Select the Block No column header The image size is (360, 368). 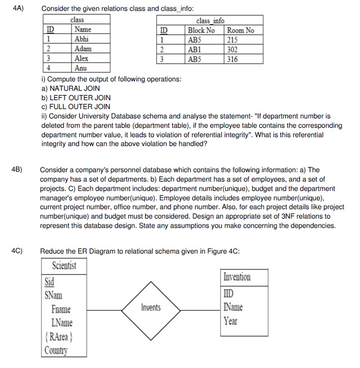(201, 31)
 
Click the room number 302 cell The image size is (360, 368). (232, 49)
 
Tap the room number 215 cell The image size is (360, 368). (232, 40)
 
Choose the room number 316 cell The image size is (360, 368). (232, 59)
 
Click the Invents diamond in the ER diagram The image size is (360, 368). (151, 308)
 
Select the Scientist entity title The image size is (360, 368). (64, 266)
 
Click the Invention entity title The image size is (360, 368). (237, 277)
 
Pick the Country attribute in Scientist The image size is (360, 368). (55, 350)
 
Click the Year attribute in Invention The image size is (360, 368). (230, 321)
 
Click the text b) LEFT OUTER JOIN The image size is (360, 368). (76, 98)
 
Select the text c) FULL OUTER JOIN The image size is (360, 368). (76, 107)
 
